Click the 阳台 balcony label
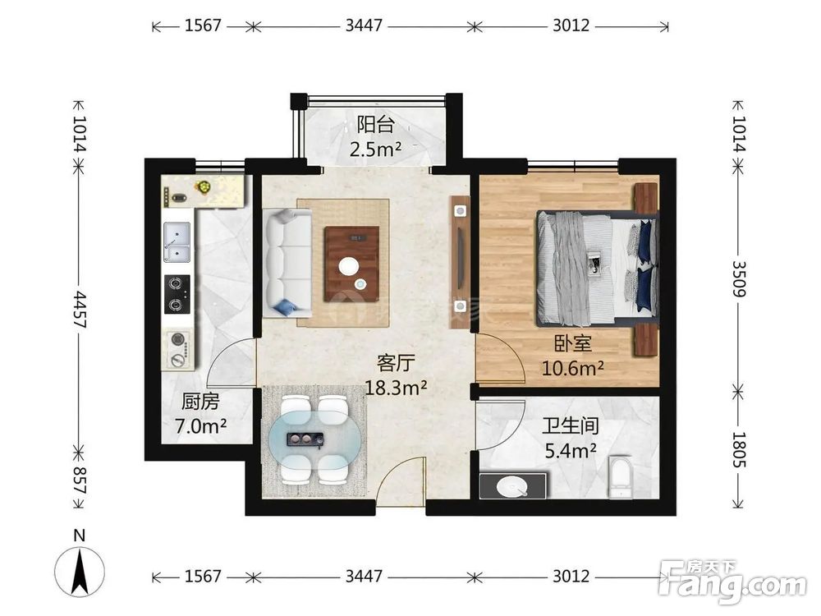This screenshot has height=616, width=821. click(375, 125)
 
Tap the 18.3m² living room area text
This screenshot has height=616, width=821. click(396, 388)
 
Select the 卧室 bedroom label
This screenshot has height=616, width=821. click(573, 343)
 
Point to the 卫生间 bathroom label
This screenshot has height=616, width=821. click(571, 425)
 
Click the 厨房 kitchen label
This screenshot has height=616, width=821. click(200, 402)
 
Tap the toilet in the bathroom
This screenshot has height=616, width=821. click(621, 477)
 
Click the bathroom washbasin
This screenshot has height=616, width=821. click(513, 485)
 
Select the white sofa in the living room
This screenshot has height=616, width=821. click(288, 263)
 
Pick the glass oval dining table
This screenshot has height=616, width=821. click(315, 439)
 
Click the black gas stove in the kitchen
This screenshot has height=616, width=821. click(177, 294)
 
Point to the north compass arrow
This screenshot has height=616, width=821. click(80, 571)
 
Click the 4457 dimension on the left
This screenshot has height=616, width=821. click(80, 310)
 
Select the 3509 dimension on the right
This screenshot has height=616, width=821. click(738, 278)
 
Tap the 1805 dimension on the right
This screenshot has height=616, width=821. click(738, 449)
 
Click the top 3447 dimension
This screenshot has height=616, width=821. click(364, 25)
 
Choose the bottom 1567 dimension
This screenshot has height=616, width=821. click(203, 577)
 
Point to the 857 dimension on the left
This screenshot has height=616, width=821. click(80, 480)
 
